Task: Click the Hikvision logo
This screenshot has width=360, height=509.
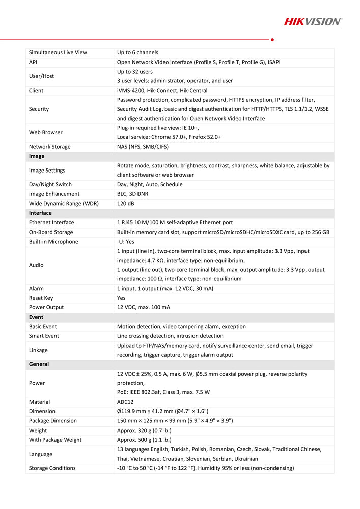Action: pos(313,21)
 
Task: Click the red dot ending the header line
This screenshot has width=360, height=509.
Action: pos(273,39)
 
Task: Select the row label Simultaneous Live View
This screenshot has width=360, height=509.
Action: pos(58,52)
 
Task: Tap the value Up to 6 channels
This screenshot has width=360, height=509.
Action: pos(137,52)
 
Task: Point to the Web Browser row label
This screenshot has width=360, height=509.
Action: pos(46,132)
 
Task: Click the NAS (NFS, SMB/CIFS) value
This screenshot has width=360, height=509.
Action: pos(143,147)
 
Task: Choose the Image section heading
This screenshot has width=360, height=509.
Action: pos(37,156)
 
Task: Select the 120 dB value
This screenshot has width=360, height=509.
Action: pos(125,204)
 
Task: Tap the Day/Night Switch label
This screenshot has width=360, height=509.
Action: pos(50,184)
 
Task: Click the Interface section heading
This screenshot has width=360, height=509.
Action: pos(40,213)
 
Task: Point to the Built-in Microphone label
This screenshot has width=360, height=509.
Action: pos(53,242)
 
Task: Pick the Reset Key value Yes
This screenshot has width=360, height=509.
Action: pos(121,298)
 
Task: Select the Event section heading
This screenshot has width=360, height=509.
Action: pos(36,317)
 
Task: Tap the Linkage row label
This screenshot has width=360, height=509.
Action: pos(38,350)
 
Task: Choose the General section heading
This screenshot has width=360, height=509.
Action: pos(39,364)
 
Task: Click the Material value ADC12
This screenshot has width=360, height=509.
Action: pos(125,402)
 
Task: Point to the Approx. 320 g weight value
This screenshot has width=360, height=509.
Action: pos(144,430)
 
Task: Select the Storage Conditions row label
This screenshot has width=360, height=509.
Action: pos(52,468)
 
